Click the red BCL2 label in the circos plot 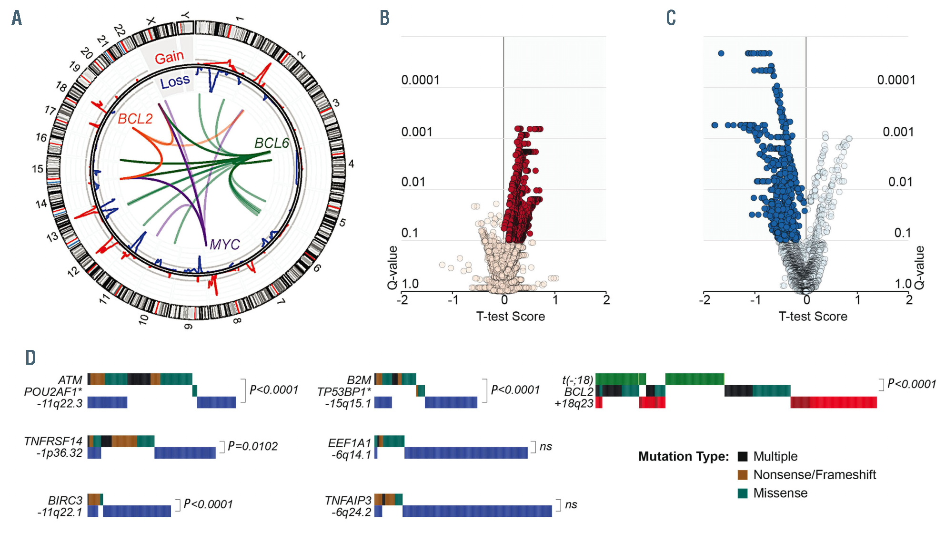135,119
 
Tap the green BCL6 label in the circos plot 272,143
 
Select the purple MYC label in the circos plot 224,245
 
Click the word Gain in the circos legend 169,58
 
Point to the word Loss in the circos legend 175,82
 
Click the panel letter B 384,18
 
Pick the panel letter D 30,358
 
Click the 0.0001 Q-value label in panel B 420,80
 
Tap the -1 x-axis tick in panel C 755,300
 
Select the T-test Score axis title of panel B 510,317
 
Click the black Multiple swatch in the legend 742,456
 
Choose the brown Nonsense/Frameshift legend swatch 742,475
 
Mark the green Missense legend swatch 742,493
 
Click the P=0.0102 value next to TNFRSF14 252,446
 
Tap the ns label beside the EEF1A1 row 545,446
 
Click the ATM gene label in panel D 70,380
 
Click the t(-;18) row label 577,380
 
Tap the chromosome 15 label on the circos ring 38,169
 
